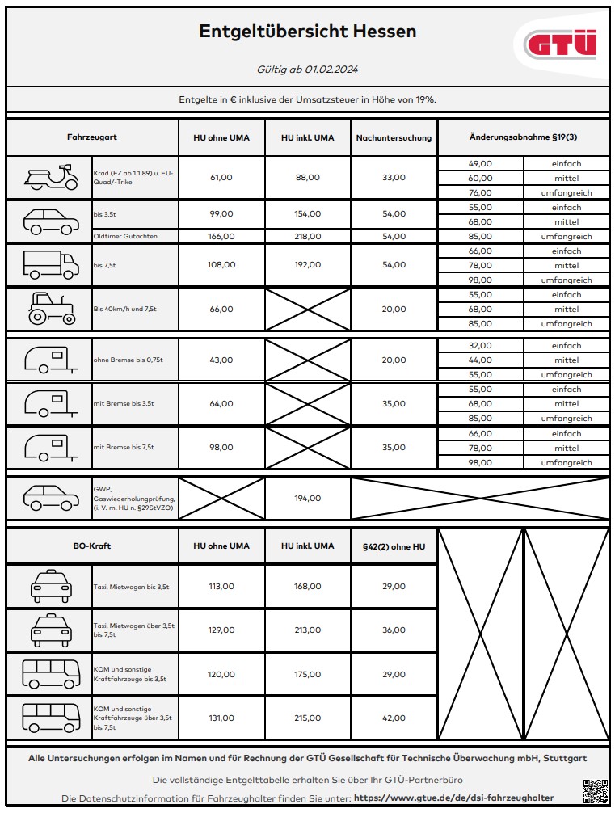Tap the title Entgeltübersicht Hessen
tap(307, 32)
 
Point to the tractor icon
tap(51, 309)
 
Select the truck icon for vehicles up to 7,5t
tap(51, 264)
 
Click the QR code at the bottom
tap(594, 790)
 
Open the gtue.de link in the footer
tap(453, 798)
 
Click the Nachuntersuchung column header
tap(394, 137)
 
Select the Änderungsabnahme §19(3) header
tap(523, 137)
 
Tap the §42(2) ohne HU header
tap(394, 546)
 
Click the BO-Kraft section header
tap(91, 546)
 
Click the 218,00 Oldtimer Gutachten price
tap(307, 236)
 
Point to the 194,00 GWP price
tap(307, 499)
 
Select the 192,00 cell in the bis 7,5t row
tap(307, 264)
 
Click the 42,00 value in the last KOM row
tap(394, 718)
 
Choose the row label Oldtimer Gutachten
tap(125, 236)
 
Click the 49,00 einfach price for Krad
tap(480, 163)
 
